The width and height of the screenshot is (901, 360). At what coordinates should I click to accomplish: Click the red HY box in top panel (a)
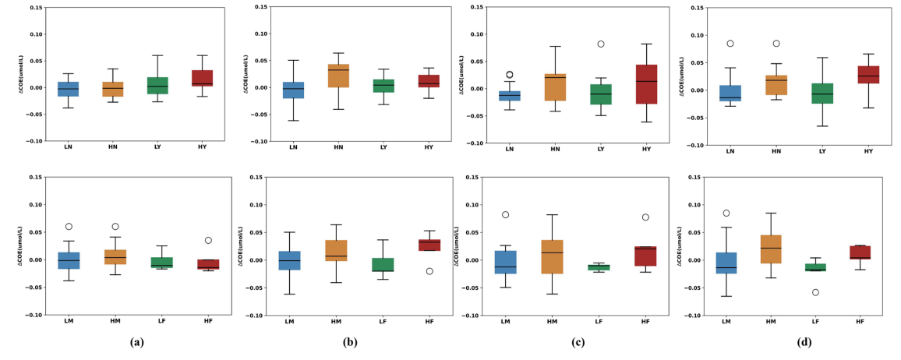coord(201,78)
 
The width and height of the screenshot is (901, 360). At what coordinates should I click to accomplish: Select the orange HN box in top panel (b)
coord(337,76)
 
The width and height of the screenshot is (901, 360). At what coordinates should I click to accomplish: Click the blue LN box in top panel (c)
coord(510,96)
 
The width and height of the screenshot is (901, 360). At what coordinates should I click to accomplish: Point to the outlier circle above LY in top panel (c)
coord(600,44)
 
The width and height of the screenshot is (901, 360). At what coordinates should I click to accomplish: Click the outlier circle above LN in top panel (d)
coord(730,44)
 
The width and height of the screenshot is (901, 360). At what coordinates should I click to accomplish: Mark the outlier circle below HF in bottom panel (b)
coord(429,271)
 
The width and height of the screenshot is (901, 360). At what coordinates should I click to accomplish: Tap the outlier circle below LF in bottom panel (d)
coord(817,292)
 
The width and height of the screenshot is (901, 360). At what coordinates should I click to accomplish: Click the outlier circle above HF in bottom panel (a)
coord(208,240)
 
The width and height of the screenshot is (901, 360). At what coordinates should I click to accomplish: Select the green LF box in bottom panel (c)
coord(599,267)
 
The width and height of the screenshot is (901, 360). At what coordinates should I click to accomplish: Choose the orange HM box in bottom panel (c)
coord(553,256)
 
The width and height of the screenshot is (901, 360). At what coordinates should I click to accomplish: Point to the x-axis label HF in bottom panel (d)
coord(860,321)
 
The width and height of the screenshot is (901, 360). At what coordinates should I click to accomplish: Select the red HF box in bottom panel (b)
coord(429,245)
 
